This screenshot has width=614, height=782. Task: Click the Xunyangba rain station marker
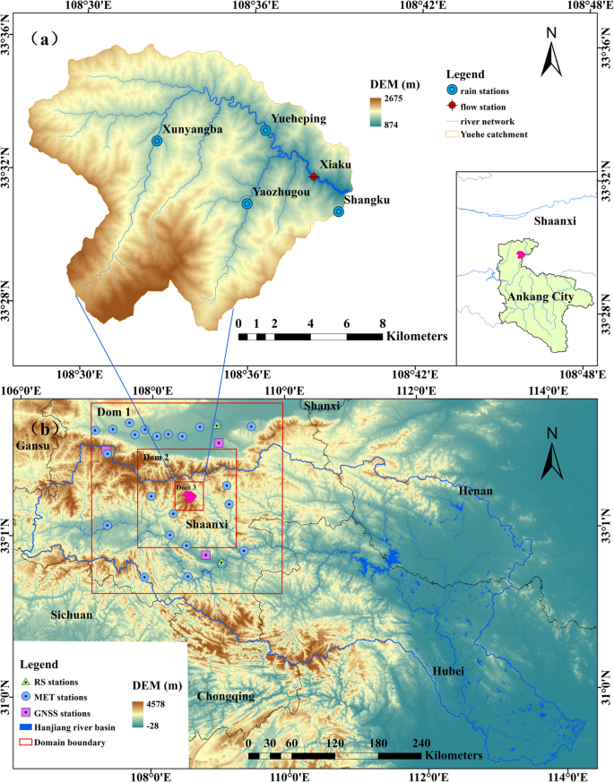pos(157,141)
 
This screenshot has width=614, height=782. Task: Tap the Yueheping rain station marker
pos(265,130)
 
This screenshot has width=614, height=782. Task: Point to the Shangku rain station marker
pos(339,211)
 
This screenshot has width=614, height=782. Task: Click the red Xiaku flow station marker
pos(314,176)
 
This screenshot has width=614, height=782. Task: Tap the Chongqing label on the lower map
pos(226,696)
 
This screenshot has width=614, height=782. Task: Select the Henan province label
pos(476,492)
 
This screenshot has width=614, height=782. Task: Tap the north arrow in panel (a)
pos(553,56)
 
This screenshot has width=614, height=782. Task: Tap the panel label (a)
pos(43,39)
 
